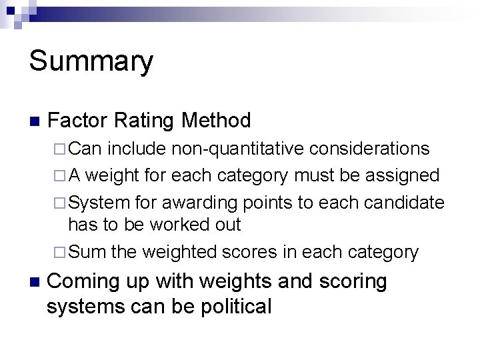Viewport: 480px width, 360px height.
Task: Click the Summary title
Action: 91,62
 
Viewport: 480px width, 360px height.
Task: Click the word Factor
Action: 78,121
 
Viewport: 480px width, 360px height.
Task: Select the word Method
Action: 216,121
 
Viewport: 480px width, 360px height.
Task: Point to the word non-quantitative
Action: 237,148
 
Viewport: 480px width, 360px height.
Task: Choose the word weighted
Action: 179,252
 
